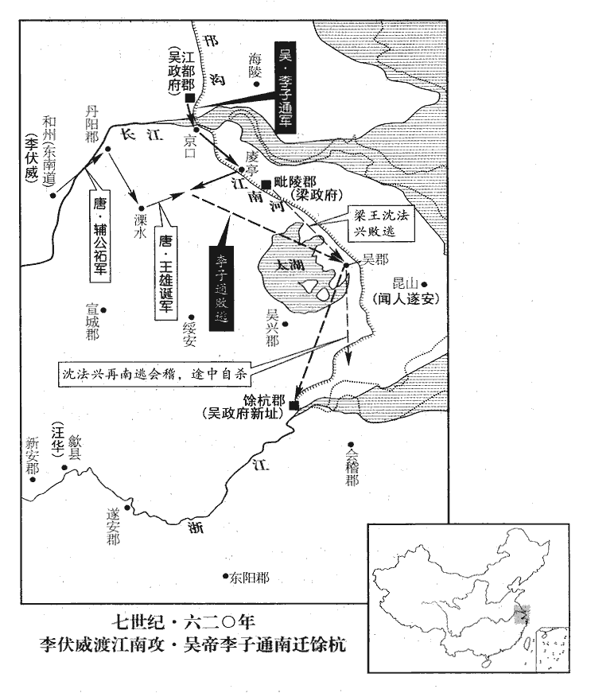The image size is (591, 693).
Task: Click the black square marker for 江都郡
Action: tap(190, 98)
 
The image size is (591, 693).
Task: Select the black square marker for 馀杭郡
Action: tap(294, 406)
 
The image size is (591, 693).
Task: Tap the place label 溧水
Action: tap(141, 224)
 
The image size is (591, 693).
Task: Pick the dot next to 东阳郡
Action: tap(224, 576)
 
